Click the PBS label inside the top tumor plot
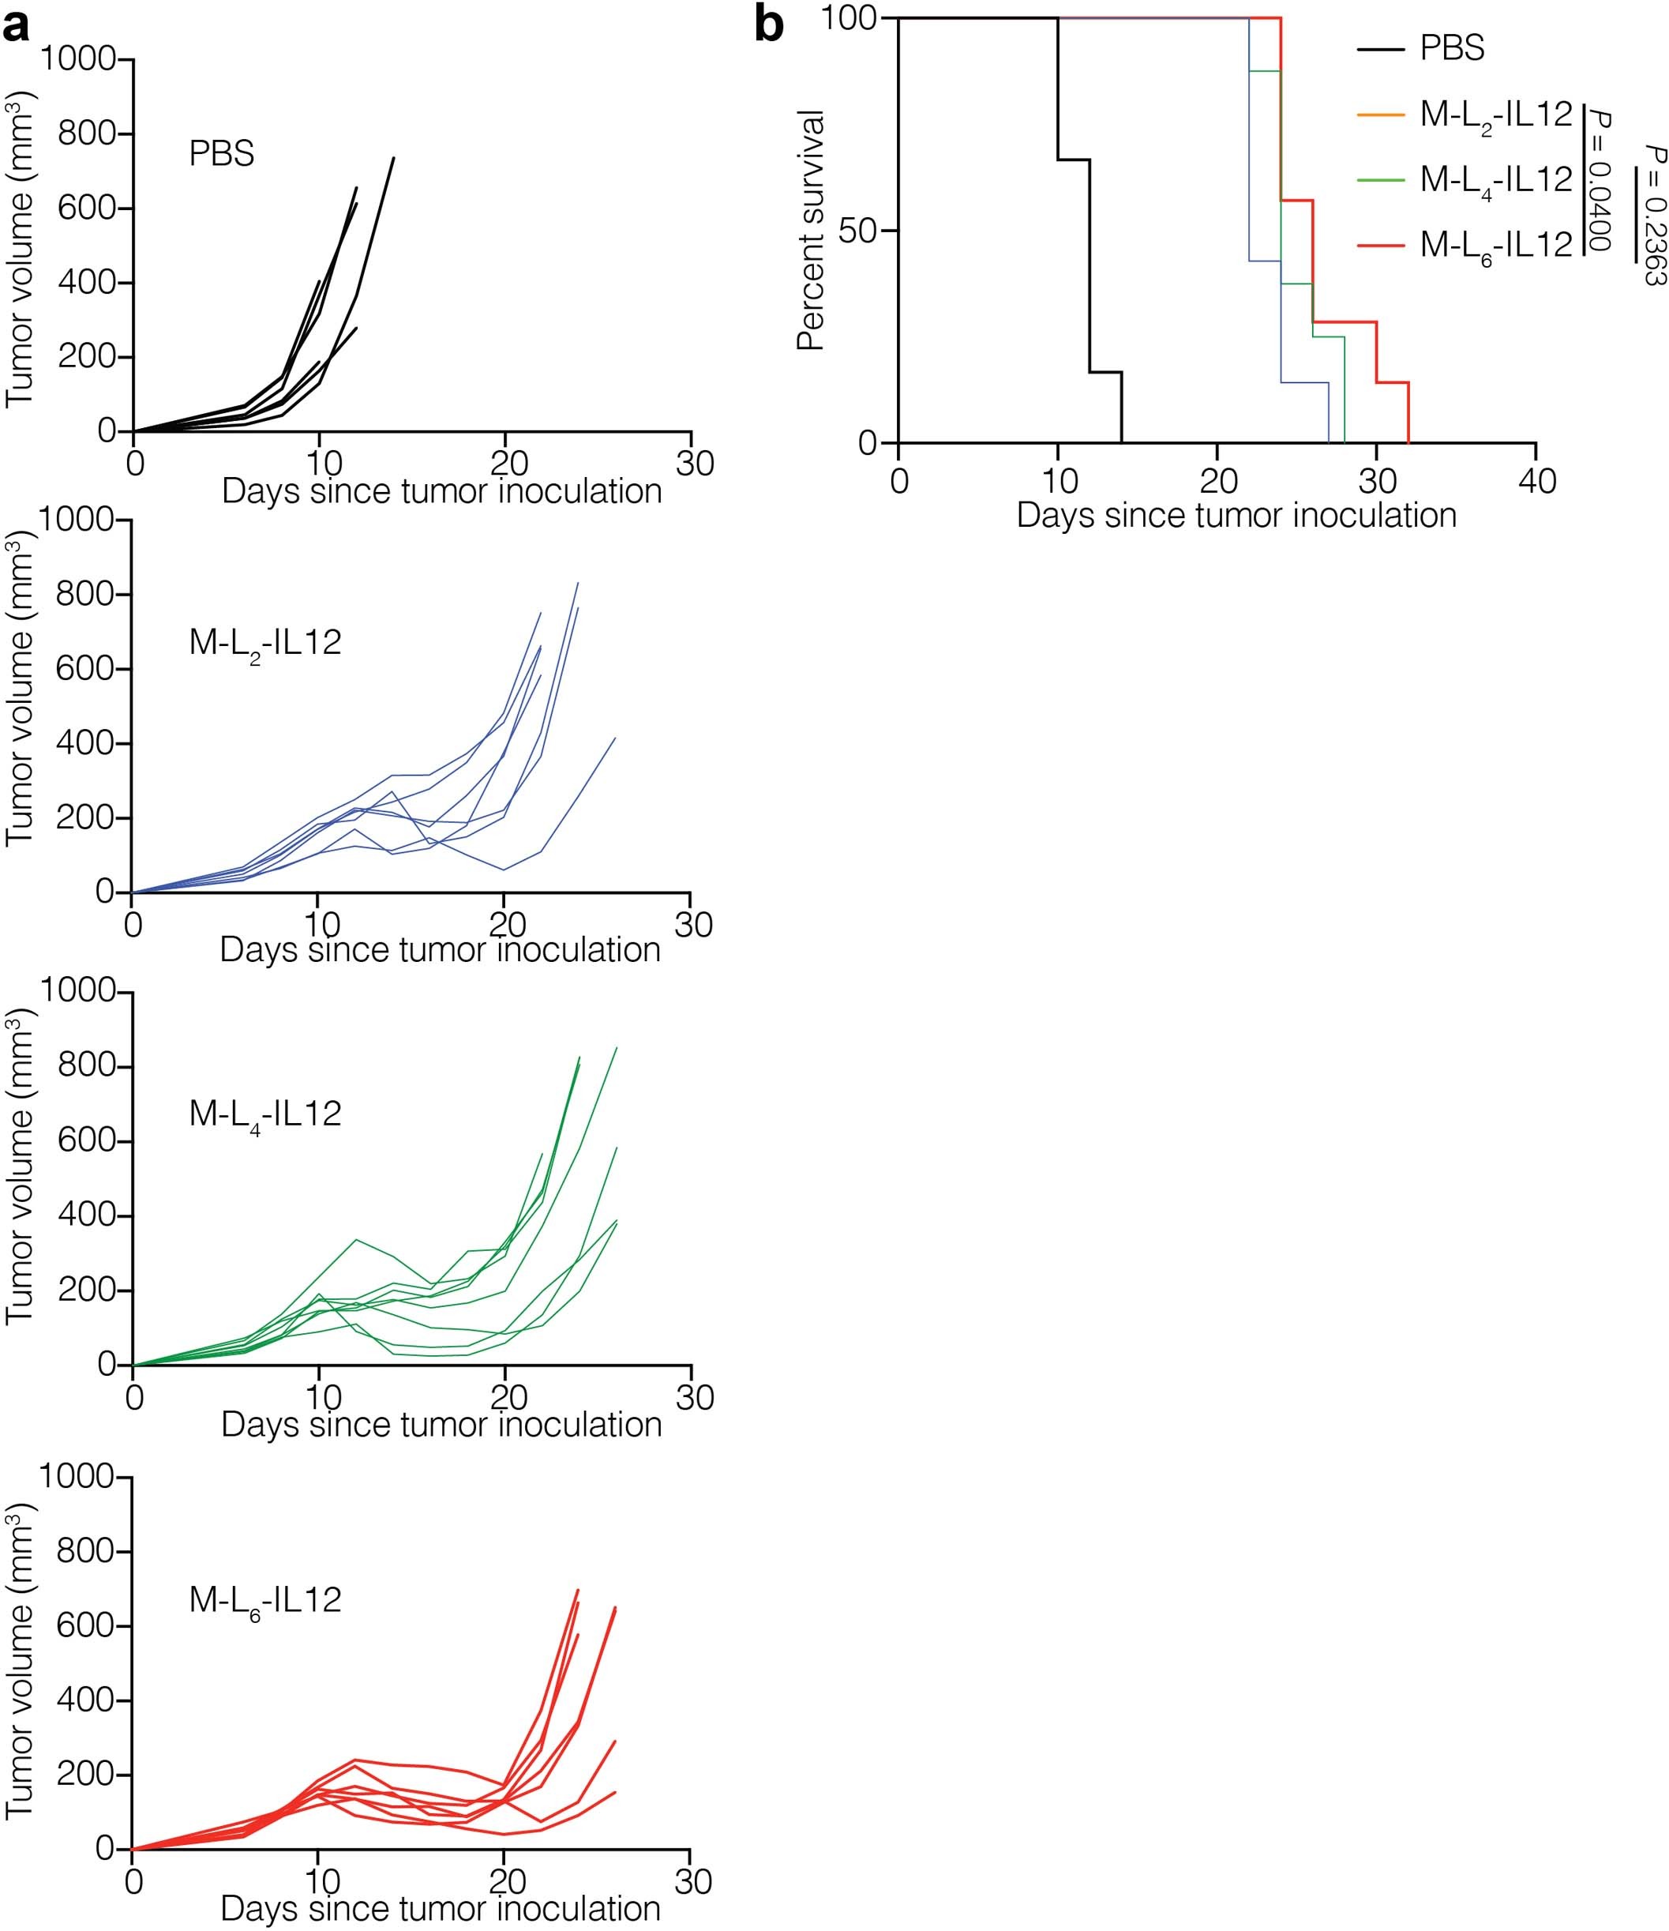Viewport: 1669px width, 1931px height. click(222, 154)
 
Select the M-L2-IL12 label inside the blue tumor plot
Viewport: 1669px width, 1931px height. click(264, 643)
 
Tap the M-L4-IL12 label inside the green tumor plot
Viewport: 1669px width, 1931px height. click(264, 1114)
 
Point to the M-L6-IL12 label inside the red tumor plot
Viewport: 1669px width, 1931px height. click(264, 1600)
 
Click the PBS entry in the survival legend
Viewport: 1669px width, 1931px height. click(1451, 47)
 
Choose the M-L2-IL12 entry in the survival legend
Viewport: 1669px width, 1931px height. click(1495, 115)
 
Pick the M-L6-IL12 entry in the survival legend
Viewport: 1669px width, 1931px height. click(1495, 245)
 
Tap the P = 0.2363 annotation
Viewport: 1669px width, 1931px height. click(1654, 214)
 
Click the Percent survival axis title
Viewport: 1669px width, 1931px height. click(812, 229)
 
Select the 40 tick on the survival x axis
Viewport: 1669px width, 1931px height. click(1536, 482)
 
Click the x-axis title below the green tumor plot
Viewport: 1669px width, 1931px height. click(441, 1425)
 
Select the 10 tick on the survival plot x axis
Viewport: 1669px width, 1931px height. click(1058, 482)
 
